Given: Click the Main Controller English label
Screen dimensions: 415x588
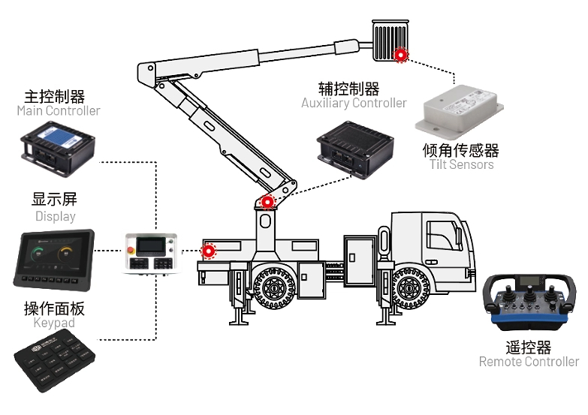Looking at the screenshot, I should [x=59, y=111].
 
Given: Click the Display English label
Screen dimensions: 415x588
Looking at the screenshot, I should [x=56, y=216].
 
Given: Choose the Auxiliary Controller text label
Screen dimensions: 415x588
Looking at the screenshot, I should [x=354, y=103].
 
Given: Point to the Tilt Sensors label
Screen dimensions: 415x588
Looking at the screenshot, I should [x=461, y=164].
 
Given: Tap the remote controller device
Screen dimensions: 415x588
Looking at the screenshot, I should [x=529, y=302].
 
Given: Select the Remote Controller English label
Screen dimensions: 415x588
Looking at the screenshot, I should [x=529, y=362].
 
